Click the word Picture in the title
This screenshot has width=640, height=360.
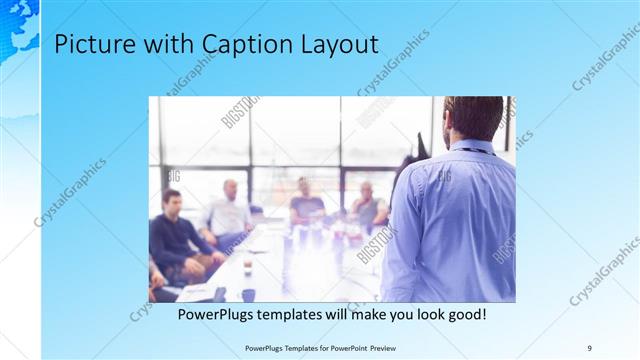point(87,45)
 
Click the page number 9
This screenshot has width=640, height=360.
point(590,348)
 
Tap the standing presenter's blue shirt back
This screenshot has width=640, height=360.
point(450,220)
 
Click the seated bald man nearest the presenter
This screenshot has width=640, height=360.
point(367,208)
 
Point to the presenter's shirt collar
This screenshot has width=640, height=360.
point(474,147)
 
